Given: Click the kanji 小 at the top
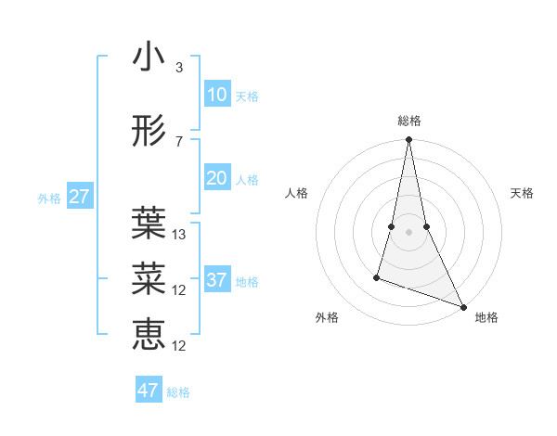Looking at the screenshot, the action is (149, 57).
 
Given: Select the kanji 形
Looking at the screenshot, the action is (149, 131).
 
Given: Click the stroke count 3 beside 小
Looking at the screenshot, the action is (179, 68).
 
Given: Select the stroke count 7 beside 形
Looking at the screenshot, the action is (179, 142).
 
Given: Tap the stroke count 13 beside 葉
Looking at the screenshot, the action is (179, 235).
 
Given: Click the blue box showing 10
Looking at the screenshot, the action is (216, 95).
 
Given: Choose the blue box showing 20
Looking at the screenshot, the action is (216, 178).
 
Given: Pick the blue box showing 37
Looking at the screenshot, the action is (216, 280).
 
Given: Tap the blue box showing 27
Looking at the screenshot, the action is (79, 197).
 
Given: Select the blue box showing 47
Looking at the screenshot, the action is (149, 391).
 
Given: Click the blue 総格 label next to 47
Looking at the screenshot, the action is (178, 392).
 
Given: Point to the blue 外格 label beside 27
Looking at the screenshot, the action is (49, 199).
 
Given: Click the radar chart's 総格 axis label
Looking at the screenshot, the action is (409, 121).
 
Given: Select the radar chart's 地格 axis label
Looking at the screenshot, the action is (486, 317).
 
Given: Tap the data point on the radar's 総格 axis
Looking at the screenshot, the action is (408, 140).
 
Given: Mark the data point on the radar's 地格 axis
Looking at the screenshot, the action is (463, 306).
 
